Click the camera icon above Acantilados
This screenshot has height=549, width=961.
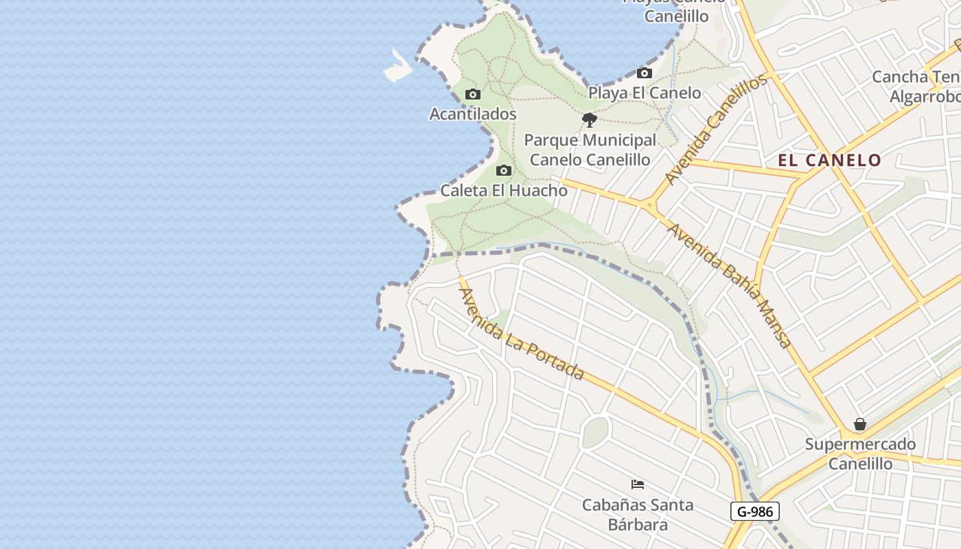[x=472, y=95]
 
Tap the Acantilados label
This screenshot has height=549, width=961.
[x=472, y=114]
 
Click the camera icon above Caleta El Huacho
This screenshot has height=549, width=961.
[x=504, y=171]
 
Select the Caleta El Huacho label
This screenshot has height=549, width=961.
[x=504, y=191]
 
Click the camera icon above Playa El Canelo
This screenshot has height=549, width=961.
[x=644, y=73]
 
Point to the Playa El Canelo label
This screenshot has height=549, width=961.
[x=644, y=93]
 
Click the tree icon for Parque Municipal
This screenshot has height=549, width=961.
[x=589, y=121]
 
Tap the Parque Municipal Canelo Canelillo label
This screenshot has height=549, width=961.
[x=590, y=150]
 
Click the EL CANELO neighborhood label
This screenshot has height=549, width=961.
[x=829, y=161]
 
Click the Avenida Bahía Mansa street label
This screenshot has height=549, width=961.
[x=730, y=285]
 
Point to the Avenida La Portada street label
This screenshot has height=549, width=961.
[x=521, y=334]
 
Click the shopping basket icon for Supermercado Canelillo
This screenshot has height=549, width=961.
[x=860, y=425]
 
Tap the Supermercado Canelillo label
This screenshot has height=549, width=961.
[x=860, y=454]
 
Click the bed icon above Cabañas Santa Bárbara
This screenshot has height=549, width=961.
[x=638, y=484]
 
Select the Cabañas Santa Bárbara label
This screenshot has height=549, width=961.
[x=638, y=515]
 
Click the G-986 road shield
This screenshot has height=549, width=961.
[x=755, y=511]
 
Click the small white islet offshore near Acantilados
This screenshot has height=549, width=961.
[x=398, y=67]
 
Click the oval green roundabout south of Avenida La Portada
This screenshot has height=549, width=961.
[x=595, y=432]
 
